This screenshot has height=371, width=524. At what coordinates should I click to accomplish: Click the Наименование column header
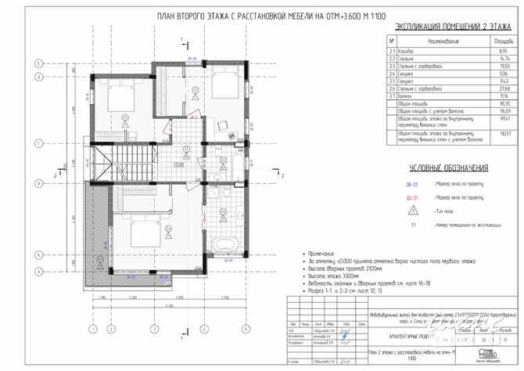pyautogui.click(x=443, y=40)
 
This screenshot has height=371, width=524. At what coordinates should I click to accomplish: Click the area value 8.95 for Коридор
pyautogui.click(x=494, y=50)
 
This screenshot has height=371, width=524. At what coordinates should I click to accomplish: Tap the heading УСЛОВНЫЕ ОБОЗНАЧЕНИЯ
pyautogui.click(x=448, y=168)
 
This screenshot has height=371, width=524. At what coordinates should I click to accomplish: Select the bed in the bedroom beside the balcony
pyautogui.click(x=143, y=229)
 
